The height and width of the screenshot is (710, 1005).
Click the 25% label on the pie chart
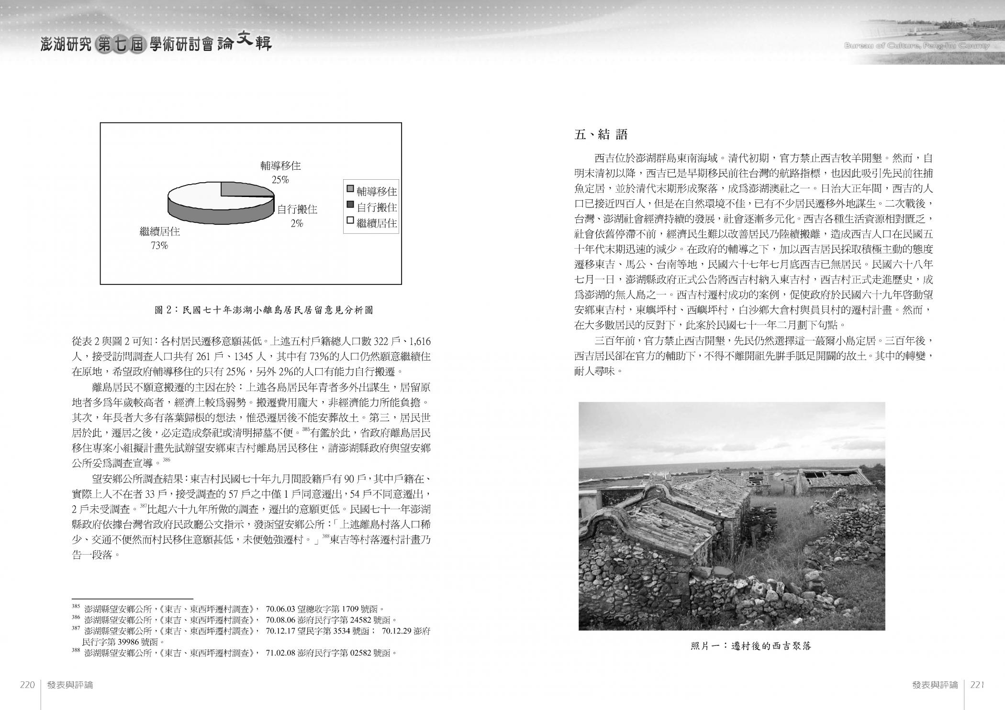pos(280,180)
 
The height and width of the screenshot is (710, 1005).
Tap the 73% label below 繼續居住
pos(159,246)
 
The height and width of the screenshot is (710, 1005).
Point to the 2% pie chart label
pos(297,223)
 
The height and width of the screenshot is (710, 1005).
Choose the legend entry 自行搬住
pos(371,208)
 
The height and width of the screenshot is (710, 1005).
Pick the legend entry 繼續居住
pos(371,223)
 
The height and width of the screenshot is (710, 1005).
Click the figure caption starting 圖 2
pos(264,310)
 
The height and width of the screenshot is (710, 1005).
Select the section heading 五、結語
pos(601,135)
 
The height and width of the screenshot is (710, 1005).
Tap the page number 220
pos(27,685)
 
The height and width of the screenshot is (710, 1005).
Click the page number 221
pos(977,685)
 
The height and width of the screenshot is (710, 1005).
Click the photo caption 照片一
pos(751,646)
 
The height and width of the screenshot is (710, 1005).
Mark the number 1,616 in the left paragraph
pos(421,342)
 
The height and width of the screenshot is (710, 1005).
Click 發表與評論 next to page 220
pos(70,685)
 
